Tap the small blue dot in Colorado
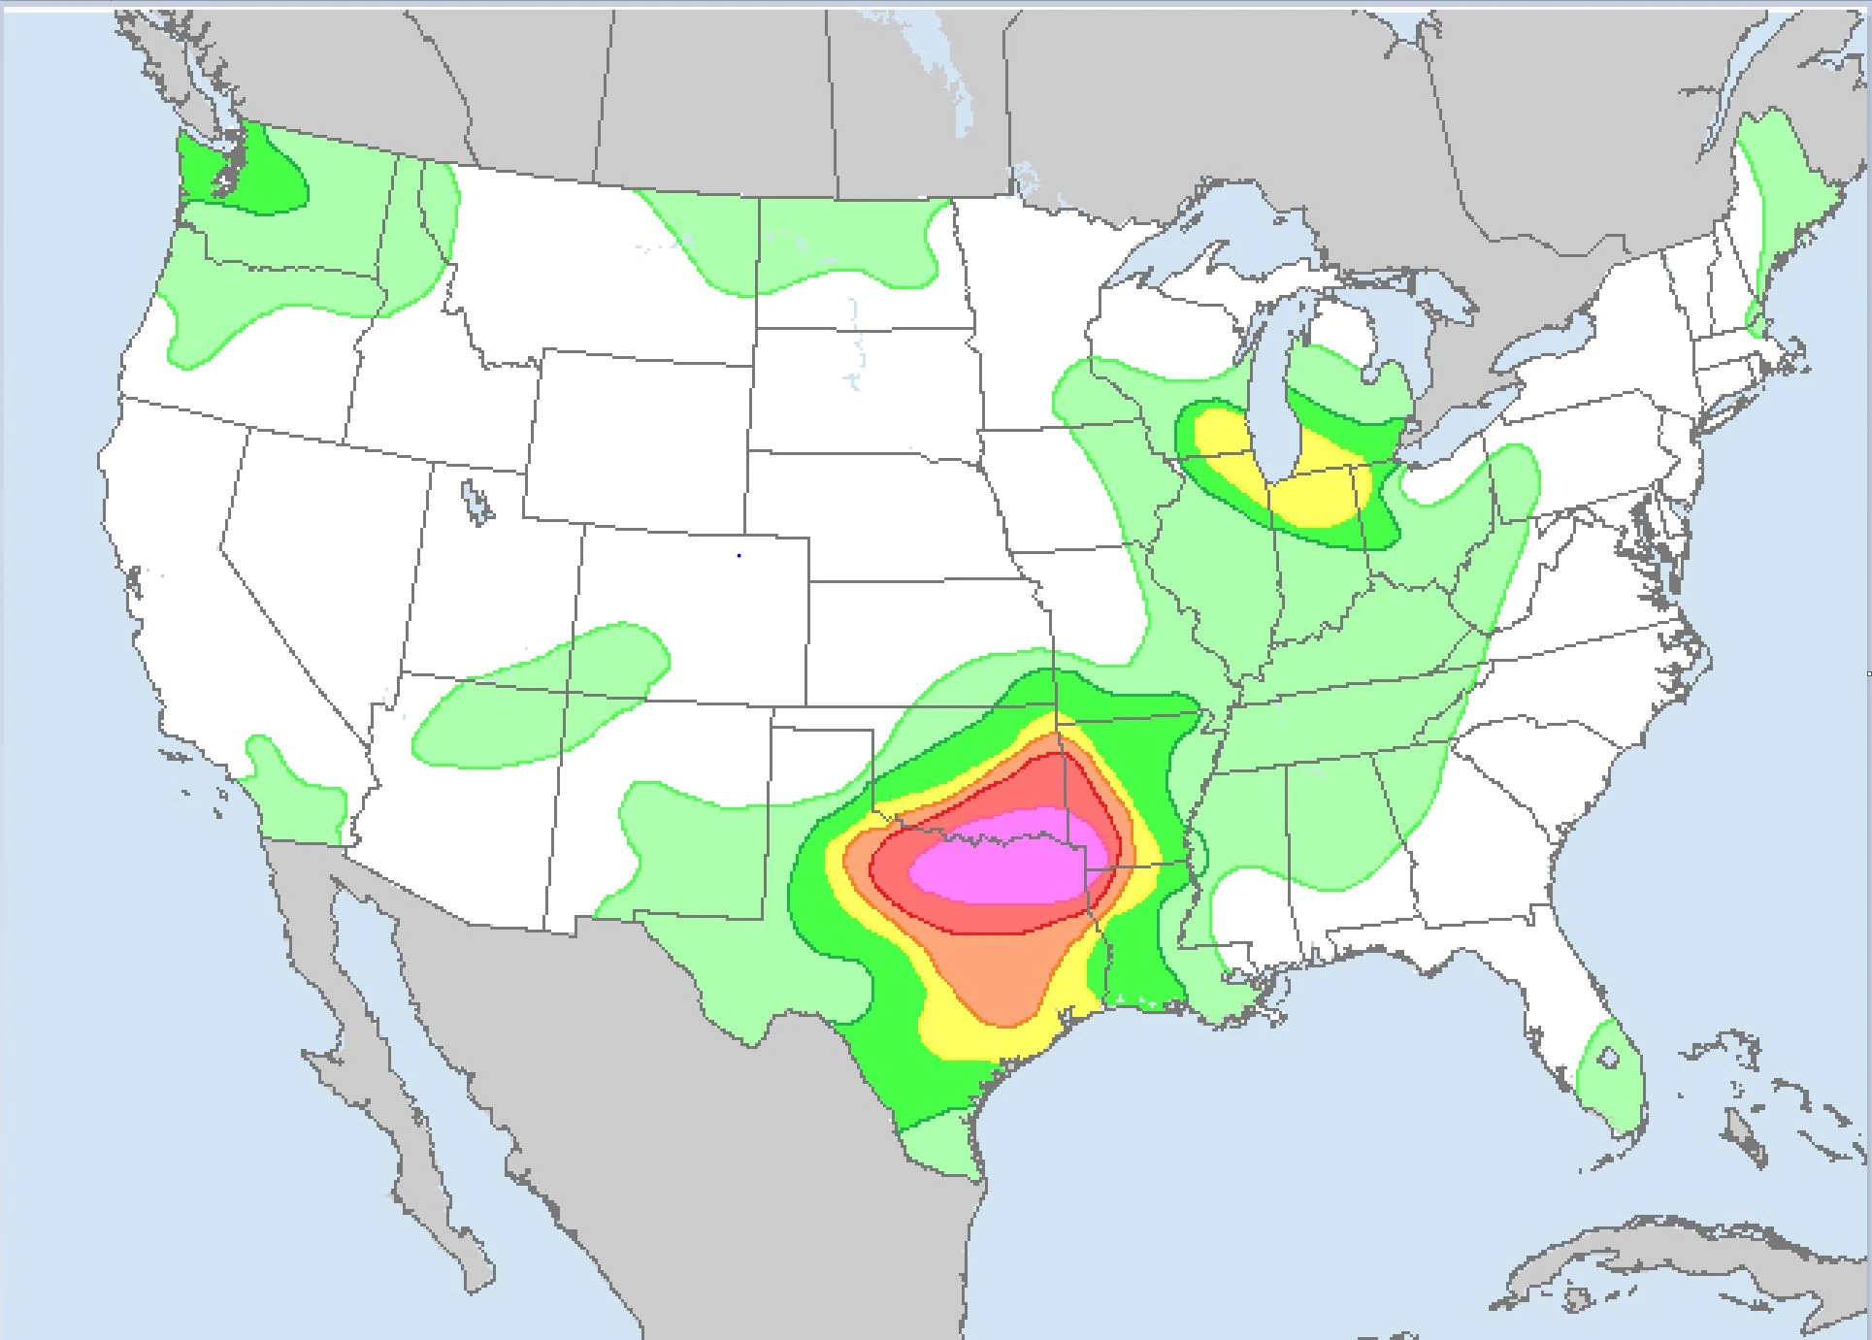[x=739, y=556]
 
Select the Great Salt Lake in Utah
[x=476, y=502]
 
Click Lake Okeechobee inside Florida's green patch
[x=1608, y=1059]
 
